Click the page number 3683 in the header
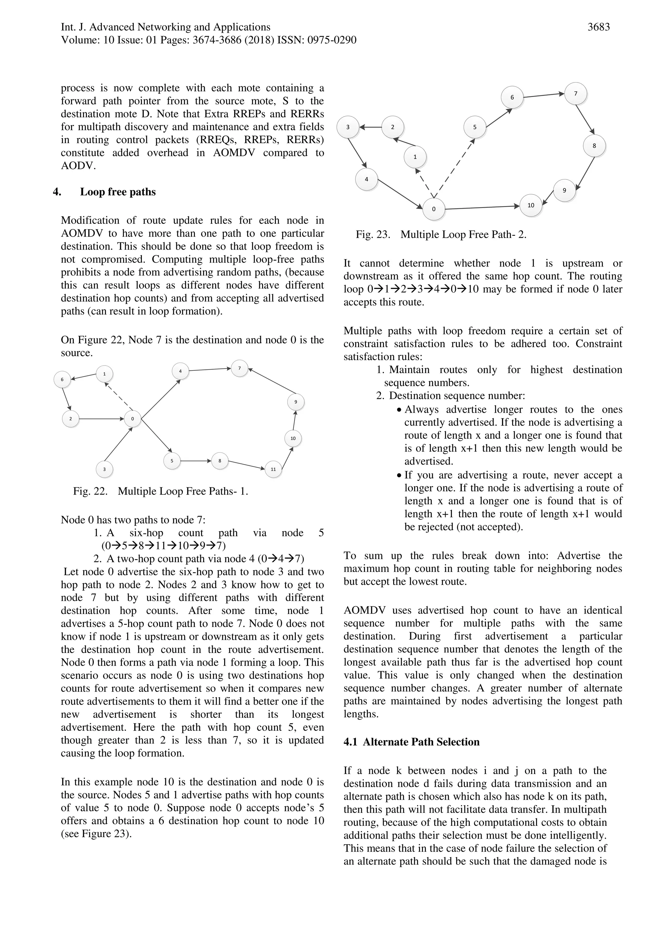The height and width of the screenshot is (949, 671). (598, 27)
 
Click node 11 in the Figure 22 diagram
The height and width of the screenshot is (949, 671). (273, 469)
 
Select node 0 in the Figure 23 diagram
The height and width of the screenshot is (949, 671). (434, 209)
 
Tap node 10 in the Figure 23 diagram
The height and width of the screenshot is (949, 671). (530, 205)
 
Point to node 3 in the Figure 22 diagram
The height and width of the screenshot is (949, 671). (104, 469)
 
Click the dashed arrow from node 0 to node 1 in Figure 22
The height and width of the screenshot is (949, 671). (118, 396)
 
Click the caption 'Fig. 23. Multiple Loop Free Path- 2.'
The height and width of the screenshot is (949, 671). (441, 235)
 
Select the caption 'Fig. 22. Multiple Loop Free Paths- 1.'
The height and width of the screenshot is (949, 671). (161, 491)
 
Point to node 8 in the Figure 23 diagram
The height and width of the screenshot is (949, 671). (594, 146)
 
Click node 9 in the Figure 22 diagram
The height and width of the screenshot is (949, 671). (296, 402)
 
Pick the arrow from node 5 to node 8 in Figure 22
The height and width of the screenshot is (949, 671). (196, 461)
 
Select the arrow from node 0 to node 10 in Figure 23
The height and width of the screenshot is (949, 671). (482, 207)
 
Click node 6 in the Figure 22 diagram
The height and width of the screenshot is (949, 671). (63, 379)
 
